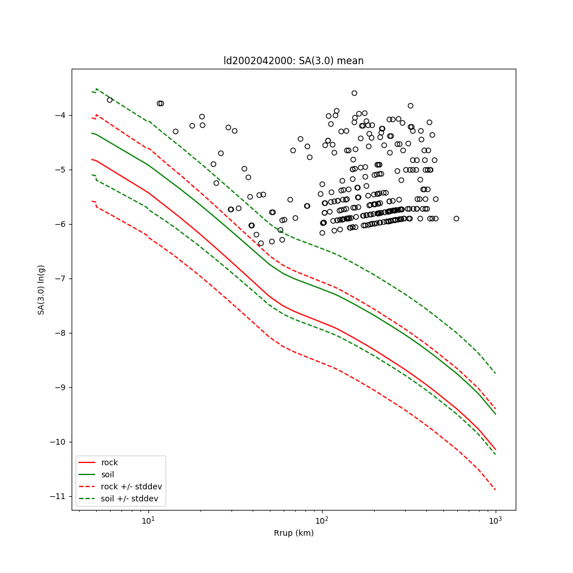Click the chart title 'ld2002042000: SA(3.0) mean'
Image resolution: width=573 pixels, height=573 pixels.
coord(293,61)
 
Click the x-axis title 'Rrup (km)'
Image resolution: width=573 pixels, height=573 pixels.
coord(293,533)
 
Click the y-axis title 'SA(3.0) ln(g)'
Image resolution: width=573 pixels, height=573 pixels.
coord(41,289)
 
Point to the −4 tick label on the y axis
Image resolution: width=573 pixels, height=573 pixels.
coord(59,115)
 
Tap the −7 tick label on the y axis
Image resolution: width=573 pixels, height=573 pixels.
coord(59,278)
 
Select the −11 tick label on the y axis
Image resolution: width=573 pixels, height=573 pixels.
coord(57,496)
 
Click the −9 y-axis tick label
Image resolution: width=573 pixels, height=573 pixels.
coord(59,387)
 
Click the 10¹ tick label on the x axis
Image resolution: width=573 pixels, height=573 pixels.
coord(148,520)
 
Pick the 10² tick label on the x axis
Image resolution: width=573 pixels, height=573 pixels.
coord(322,520)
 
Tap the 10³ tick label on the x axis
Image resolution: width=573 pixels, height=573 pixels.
coord(496,520)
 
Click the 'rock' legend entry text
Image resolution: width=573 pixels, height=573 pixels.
coord(109,462)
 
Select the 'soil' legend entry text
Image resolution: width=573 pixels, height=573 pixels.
coord(108,474)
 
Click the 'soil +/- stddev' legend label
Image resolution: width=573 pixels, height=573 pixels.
coord(129,499)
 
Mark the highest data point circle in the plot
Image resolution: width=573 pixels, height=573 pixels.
coord(354,93)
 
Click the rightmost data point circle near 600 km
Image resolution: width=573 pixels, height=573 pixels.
coord(456,218)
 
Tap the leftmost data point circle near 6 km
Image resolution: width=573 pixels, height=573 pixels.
coord(109,100)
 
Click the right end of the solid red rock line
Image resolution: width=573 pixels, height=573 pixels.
coord(496,450)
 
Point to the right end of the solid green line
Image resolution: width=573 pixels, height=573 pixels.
coord(496,414)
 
